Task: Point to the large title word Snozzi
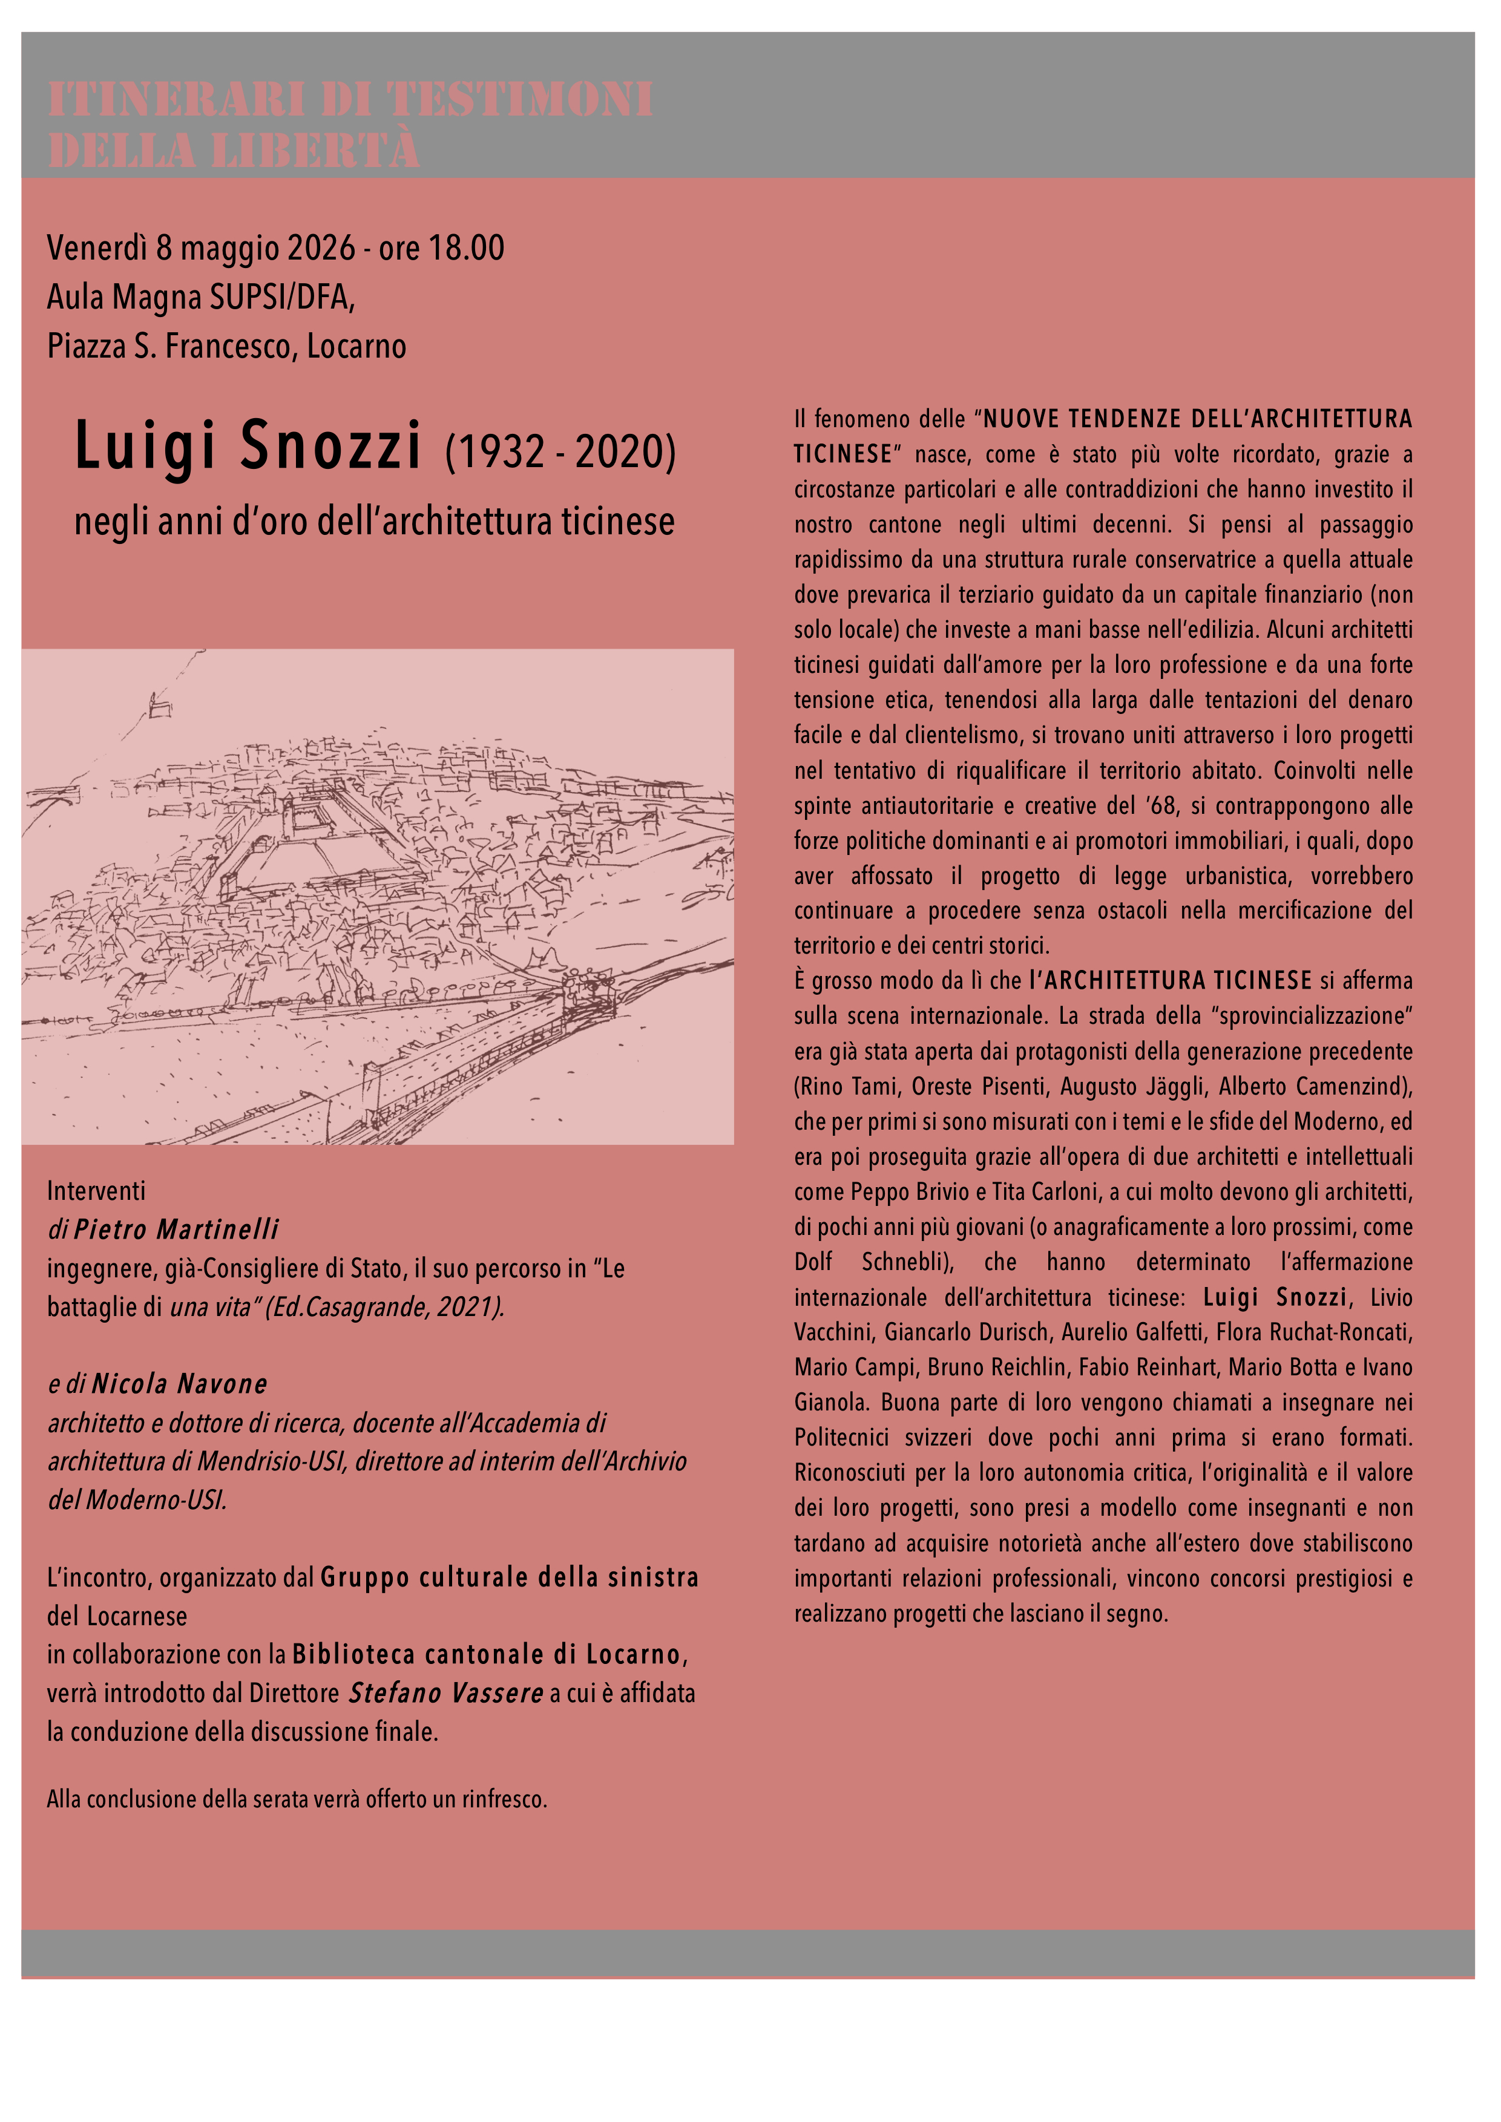331,445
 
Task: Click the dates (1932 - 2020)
560,451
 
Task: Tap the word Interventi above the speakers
96,1191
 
